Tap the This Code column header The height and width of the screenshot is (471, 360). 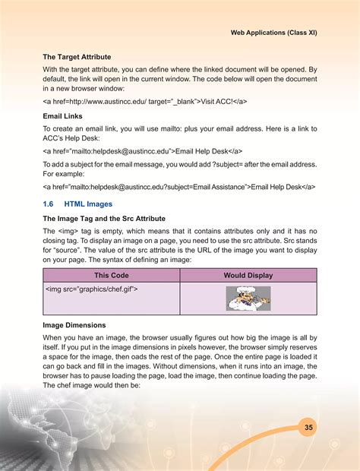tap(110, 275)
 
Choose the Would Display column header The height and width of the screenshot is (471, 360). tap(248, 275)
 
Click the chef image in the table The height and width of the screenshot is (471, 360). tap(248, 299)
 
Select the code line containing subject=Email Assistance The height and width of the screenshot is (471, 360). tap(179, 186)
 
